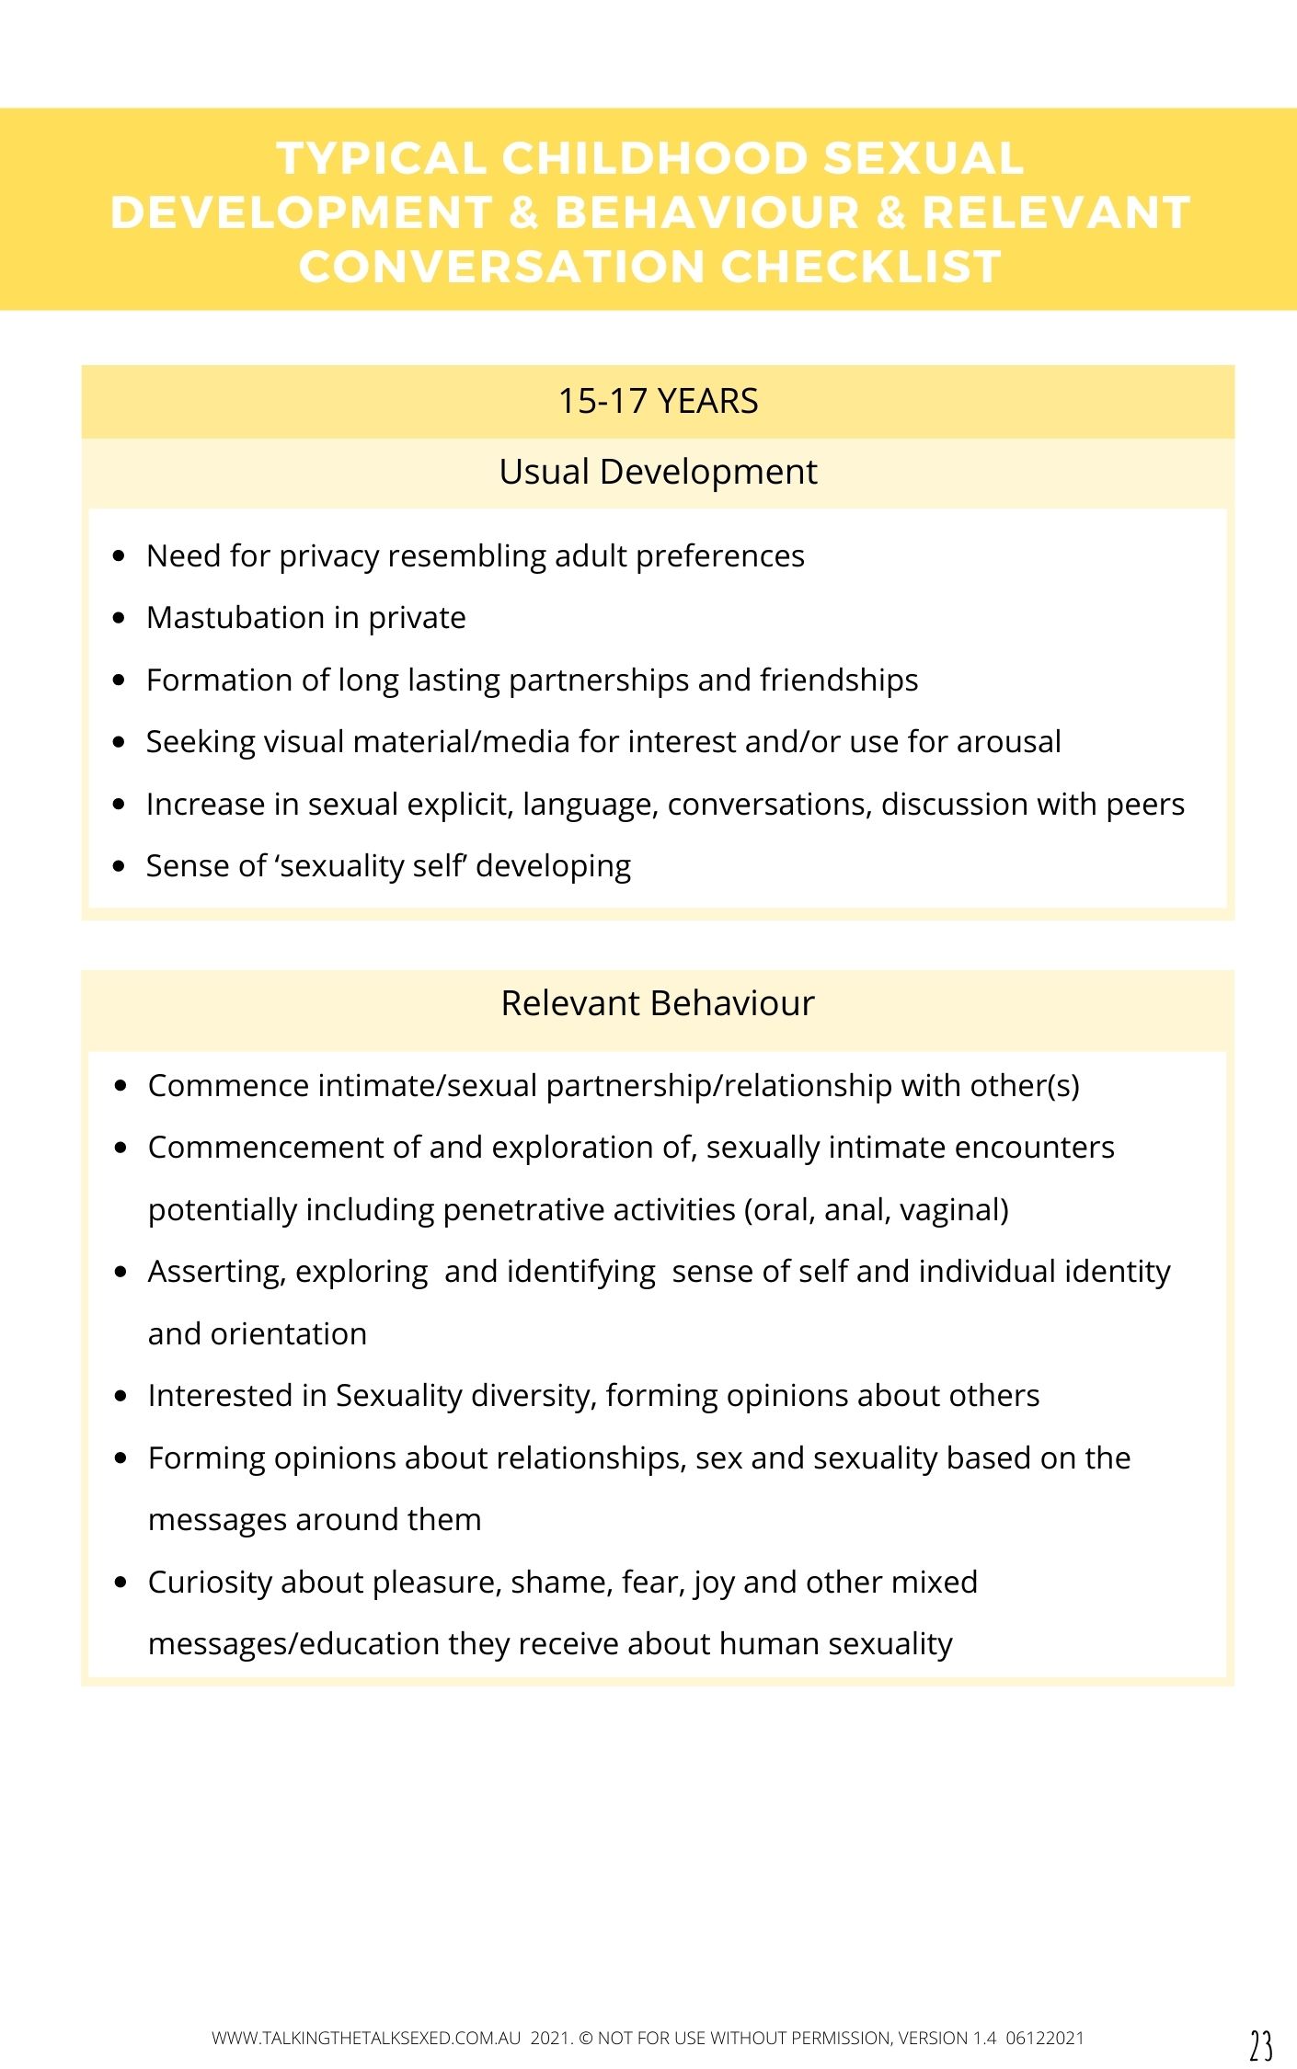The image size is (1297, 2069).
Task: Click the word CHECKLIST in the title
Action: coord(861,267)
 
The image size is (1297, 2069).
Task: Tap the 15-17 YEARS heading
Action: coord(658,402)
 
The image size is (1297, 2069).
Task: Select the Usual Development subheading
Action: coord(658,472)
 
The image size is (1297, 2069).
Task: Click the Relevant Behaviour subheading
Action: coord(658,1003)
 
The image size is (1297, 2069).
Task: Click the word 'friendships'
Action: coord(839,680)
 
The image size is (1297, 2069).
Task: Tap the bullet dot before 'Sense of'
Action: coord(118,866)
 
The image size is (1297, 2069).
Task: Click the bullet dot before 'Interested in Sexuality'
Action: coord(121,1396)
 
